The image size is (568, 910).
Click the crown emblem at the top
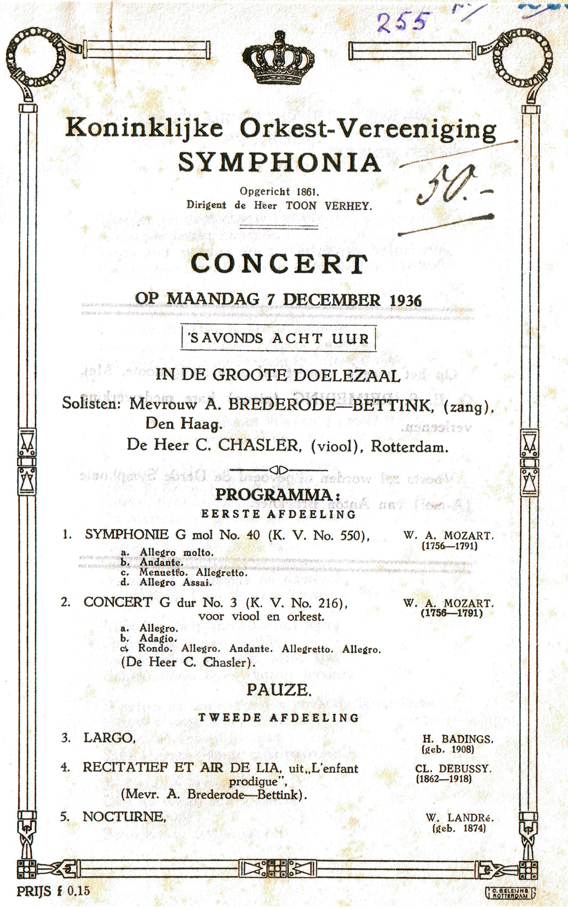click(278, 58)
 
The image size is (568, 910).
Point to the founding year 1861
click(308, 191)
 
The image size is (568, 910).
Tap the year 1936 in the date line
click(405, 300)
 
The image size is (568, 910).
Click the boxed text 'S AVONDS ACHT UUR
click(278, 338)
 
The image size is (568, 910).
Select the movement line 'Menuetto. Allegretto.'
click(193, 573)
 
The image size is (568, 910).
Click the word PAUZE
click(279, 690)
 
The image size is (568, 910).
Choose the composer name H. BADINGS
click(457, 739)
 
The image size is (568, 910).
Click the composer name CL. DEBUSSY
click(453, 769)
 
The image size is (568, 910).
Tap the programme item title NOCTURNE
click(124, 816)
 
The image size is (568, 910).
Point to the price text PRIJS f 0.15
click(53, 891)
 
